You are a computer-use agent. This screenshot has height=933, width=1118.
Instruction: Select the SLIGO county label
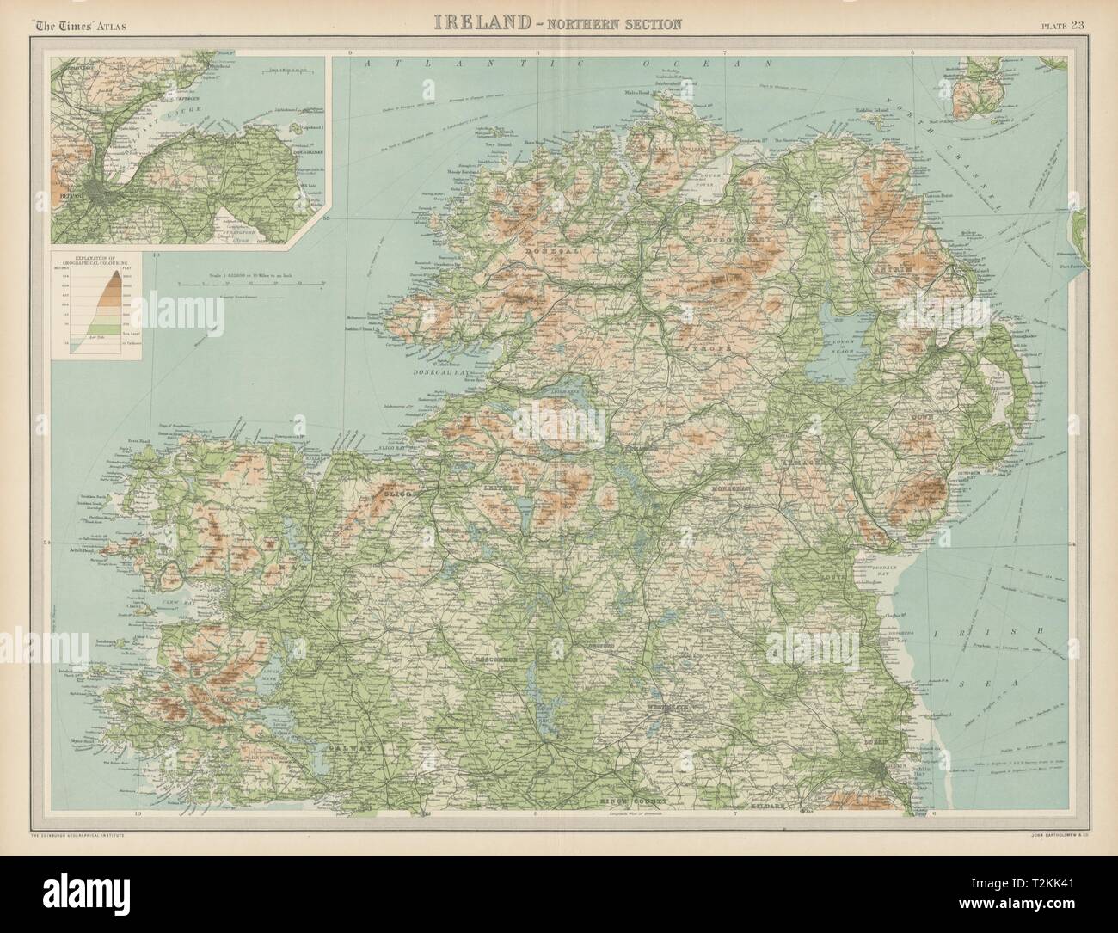pyautogui.click(x=398, y=497)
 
